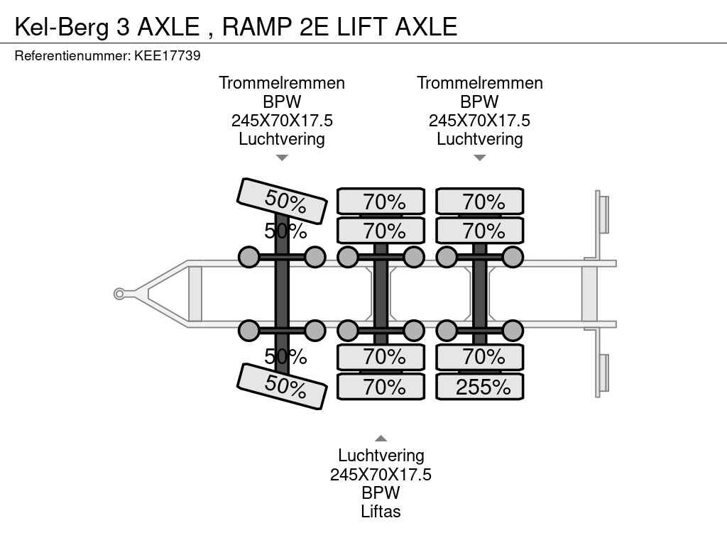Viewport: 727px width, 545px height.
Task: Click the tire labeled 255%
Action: click(x=480, y=387)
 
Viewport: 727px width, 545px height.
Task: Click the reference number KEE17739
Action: click(x=168, y=55)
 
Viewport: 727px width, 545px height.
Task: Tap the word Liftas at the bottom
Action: click(x=381, y=512)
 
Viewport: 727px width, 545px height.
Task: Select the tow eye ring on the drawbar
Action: click(x=119, y=294)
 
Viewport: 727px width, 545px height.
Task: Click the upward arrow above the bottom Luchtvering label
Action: click(x=381, y=439)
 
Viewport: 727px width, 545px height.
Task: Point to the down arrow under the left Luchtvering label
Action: click(x=282, y=158)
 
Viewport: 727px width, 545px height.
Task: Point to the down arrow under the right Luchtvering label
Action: click(x=480, y=158)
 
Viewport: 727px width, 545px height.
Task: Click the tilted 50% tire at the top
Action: click(x=282, y=201)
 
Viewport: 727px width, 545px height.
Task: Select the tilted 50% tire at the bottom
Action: click(x=282, y=386)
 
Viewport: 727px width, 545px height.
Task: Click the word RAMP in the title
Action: click(x=256, y=26)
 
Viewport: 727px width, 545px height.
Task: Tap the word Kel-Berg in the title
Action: click(x=62, y=26)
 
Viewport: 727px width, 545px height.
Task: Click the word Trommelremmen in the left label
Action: click(x=282, y=83)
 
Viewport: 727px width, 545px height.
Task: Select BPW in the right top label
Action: click(x=480, y=101)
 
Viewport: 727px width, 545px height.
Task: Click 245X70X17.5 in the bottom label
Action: click(x=381, y=475)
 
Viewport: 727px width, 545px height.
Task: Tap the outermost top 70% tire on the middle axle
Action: click(x=381, y=202)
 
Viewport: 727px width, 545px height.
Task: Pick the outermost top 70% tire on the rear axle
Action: click(x=480, y=202)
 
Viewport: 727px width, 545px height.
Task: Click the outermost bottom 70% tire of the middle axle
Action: click(x=381, y=387)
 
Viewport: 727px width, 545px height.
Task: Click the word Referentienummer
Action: click(x=72, y=55)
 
